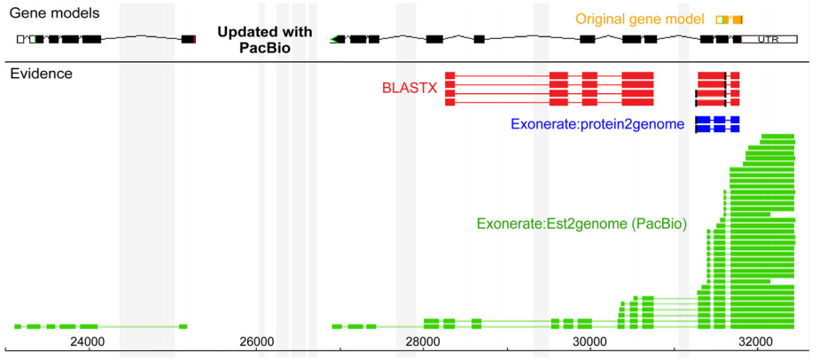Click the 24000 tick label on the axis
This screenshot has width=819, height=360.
(x=86, y=340)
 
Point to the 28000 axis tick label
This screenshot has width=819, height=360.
(x=421, y=340)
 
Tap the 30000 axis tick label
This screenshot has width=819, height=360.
(x=589, y=340)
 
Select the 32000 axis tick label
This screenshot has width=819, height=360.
(x=755, y=340)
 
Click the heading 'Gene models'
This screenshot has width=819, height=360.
(x=53, y=13)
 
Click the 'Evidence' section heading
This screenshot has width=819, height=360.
(x=41, y=73)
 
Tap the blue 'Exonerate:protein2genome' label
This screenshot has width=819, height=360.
(x=597, y=125)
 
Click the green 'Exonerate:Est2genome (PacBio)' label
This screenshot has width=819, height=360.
(x=581, y=223)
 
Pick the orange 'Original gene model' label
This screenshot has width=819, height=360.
(x=639, y=19)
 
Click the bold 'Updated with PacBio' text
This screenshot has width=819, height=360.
(x=265, y=40)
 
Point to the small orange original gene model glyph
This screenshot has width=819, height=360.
(x=729, y=20)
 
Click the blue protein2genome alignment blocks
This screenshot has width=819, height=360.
(x=717, y=124)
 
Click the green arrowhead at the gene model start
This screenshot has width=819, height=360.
(x=334, y=39)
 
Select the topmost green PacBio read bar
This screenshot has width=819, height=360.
(x=777, y=137)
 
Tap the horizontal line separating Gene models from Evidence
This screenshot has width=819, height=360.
(x=408, y=61)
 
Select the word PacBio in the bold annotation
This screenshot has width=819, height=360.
(x=265, y=48)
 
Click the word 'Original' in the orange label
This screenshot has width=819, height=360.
(x=600, y=19)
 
